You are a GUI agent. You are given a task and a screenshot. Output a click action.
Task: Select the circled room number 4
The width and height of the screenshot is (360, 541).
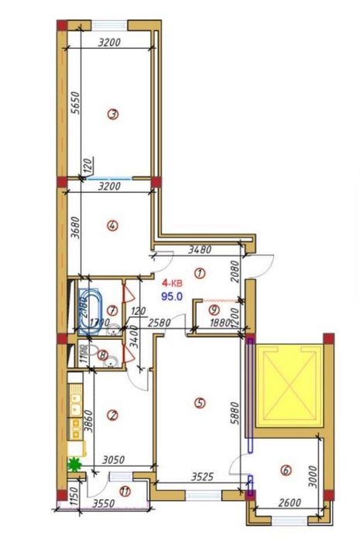tap(113, 226)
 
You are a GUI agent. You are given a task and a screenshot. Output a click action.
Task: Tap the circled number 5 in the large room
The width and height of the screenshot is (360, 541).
tap(200, 402)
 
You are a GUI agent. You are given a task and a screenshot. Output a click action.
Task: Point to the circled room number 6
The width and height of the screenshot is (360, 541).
tap(286, 469)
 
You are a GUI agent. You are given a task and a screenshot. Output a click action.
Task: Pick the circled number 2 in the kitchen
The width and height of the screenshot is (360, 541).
tap(113, 415)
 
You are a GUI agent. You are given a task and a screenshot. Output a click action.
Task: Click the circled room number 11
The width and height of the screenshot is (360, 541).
tap(125, 490)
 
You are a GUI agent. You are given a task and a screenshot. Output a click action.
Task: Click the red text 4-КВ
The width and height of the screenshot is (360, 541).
tap(173, 283)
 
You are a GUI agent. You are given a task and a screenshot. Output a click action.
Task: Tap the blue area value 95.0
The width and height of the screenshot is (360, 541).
tap(171, 296)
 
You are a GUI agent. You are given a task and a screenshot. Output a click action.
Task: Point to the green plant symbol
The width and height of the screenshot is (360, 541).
tap(74, 465)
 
